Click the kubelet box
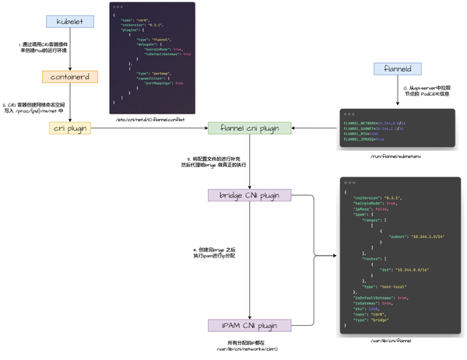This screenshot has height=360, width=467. (x=69, y=21)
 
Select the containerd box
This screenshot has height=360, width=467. (x=69, y=77)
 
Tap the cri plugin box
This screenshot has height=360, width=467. (x=69, y=128)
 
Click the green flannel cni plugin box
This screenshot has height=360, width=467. (x=249, y=128)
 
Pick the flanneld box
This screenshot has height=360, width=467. (x=397, y=69)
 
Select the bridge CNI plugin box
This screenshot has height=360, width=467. (x=249, y=194)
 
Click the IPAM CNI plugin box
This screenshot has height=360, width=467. (x=249, y=325)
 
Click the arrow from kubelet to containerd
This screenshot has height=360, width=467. (x=69, y=48)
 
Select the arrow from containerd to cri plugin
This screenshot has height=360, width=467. (x=69, y=103)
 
